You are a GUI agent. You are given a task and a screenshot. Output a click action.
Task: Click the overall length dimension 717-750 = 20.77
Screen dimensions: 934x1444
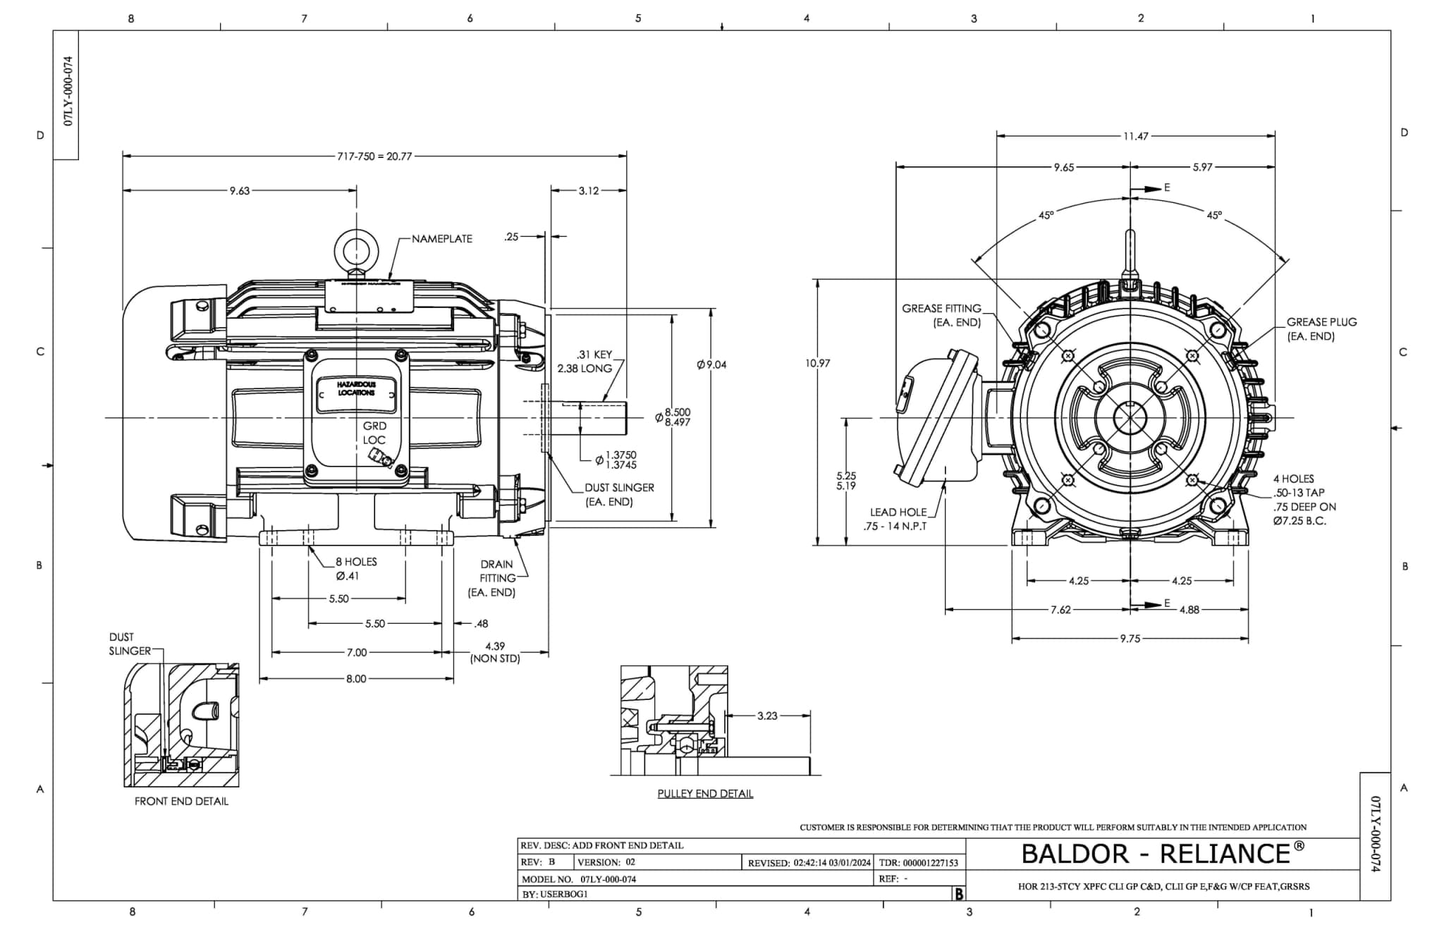pos(374,156)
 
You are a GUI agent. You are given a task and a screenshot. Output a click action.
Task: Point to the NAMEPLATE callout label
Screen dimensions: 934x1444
pos(441,239)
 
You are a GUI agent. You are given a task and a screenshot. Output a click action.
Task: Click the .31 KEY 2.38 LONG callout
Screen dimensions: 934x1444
pos(585,362)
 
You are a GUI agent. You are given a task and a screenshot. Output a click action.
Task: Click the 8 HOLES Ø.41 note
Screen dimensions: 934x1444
pos(356,569)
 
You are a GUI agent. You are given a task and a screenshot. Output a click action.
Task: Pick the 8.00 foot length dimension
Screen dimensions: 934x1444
pos(356,679)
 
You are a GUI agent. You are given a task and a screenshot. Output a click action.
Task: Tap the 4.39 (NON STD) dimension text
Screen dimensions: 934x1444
pos(495,652)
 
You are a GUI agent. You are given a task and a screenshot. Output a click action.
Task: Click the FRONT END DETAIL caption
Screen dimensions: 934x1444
pos(181,801)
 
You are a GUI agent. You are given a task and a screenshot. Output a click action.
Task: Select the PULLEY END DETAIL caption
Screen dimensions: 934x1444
pos(705,794)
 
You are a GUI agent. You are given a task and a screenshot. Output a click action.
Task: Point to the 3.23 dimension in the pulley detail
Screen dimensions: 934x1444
pos(767,715)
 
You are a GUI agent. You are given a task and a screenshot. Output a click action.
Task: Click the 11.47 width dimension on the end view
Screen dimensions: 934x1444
pos(1135,136)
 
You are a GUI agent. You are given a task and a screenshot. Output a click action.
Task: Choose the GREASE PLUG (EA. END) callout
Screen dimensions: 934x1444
pos(1320,328)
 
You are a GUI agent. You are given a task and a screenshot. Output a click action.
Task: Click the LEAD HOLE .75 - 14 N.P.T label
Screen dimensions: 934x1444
pos(897,520)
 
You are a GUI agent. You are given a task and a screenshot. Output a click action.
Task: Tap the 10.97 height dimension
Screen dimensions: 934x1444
pos(817,363)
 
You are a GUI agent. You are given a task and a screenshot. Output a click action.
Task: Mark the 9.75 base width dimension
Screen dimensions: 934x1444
pos(1130,639)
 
